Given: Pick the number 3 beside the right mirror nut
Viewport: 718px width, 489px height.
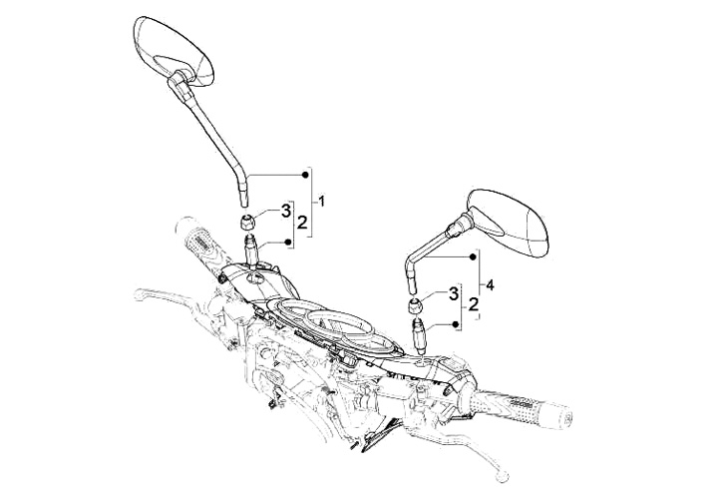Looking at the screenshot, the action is click(454, 292).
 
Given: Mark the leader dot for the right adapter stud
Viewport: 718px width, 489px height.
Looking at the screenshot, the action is click(457, 324).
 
